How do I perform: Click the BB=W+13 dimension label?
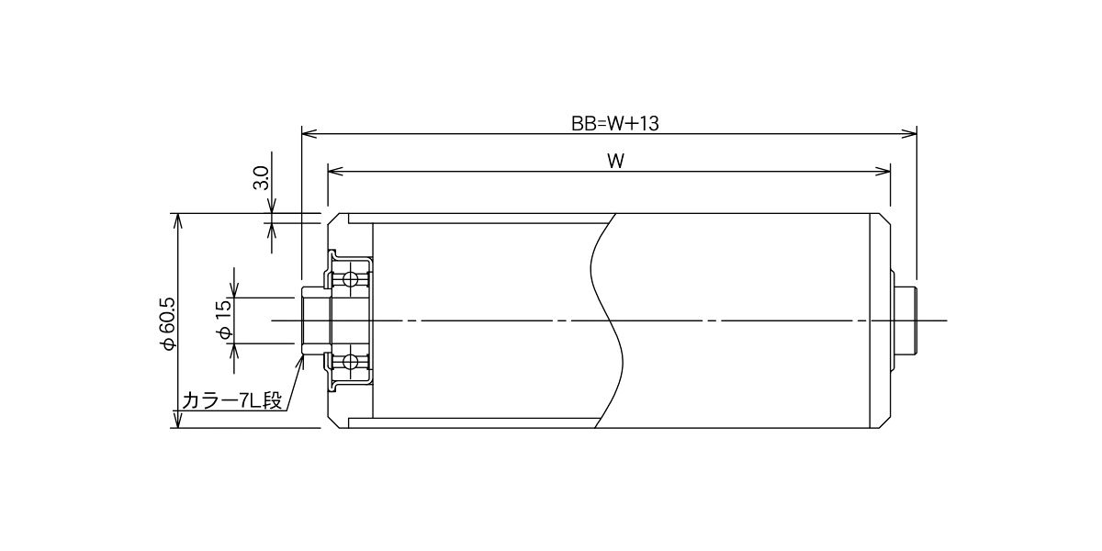pos(615,123)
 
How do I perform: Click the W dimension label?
pos(615,162)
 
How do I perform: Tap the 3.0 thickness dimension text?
pos(261,178)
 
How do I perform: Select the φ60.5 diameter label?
pos(168,323)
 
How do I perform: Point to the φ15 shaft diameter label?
pos(224,320)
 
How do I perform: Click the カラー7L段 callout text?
pos(231,400)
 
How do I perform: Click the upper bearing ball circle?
pos(350,279)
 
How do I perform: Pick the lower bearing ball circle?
pos(350,362)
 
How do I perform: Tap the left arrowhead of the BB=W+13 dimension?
pos(309,133)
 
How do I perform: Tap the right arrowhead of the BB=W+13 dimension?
pos(909,133)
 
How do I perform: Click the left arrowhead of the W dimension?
pos(335,171)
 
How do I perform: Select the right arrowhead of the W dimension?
pos(883,171)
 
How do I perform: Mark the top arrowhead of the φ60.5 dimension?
pos(178,221)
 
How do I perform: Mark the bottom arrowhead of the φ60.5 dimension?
pos(178,421)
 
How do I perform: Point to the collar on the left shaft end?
pos(315,320)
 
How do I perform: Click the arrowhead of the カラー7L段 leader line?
pos(299,362)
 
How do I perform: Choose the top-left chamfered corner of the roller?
pos(333,219)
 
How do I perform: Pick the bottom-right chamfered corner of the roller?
pos(885,422)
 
